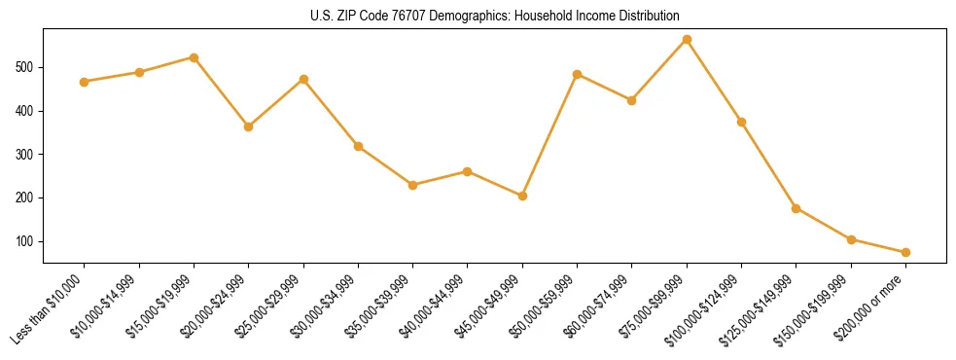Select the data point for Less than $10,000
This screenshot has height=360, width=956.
[85, 82]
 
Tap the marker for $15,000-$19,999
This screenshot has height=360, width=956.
[194, 57]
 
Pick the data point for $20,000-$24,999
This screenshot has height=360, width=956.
[249, 126]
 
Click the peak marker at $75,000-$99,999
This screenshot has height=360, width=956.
[687, 40]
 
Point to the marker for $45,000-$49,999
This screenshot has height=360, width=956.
[522, 196]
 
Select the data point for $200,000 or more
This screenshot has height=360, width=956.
[905, 252]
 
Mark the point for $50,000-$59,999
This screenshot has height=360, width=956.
[578, 74]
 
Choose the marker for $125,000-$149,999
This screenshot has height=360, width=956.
[797, 208]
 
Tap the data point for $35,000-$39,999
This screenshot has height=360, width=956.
[413, 185]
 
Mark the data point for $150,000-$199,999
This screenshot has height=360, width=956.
[851, 239]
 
